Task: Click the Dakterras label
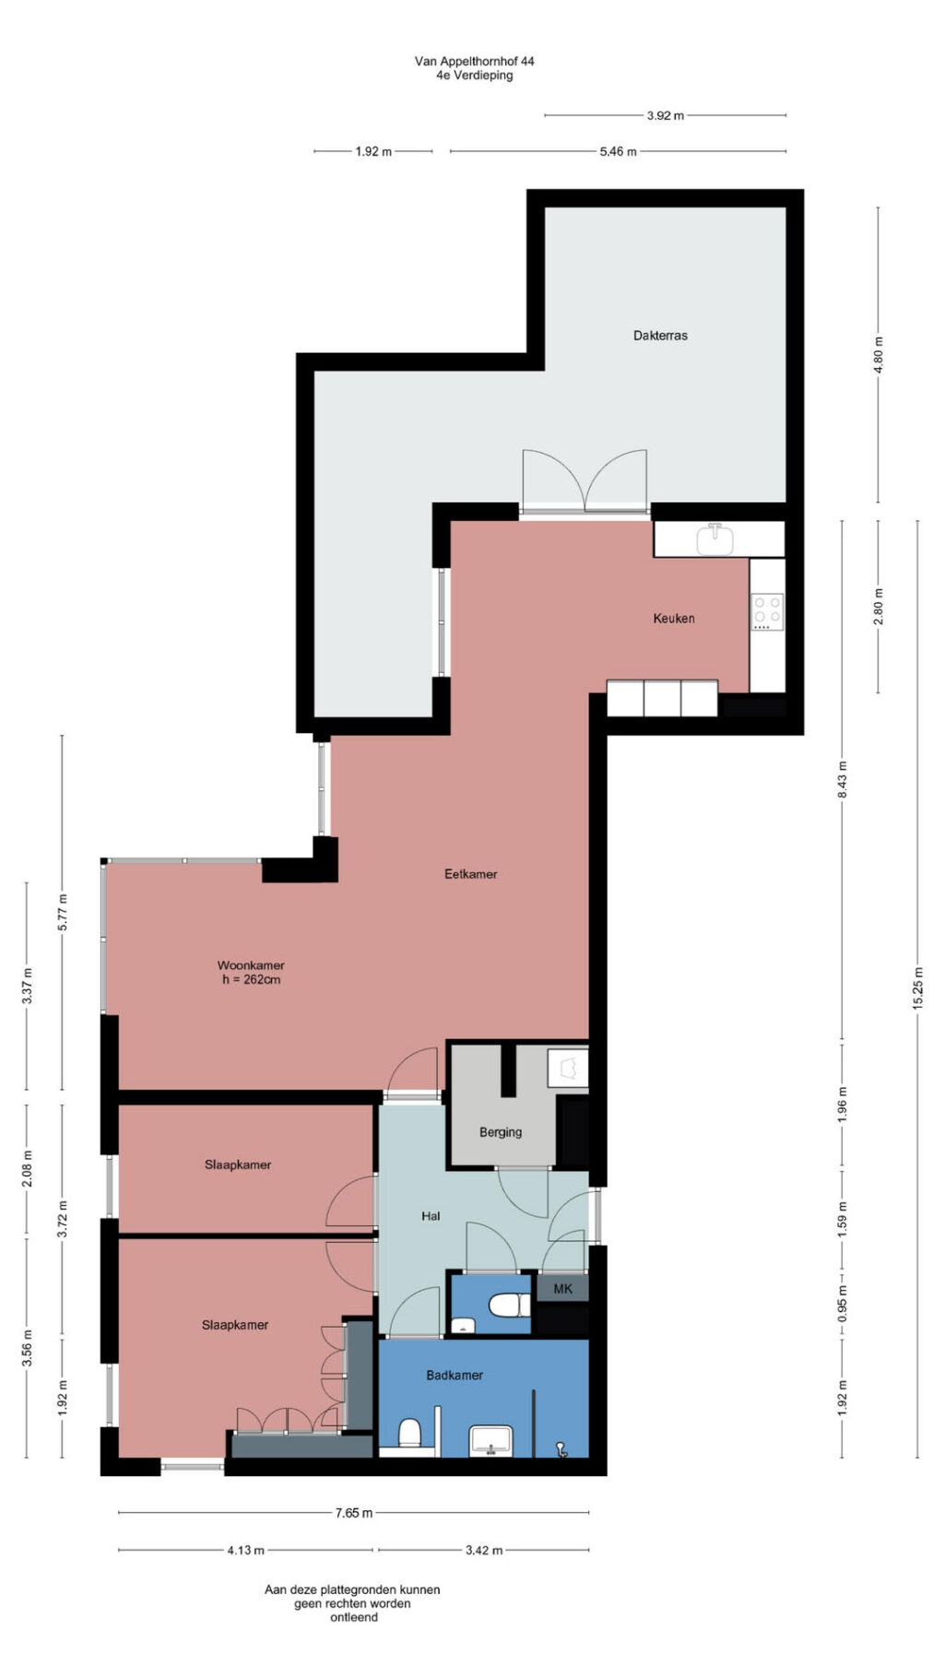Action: [x=660, y=336]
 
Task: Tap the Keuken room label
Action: [x=674, y=619]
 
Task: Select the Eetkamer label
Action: [x=470, y=874]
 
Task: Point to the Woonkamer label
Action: [x=251, y=965]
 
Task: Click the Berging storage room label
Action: [x=501, y=1132]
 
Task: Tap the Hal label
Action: [x=431, y=1216]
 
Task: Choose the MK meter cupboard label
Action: [x=562, y=1289]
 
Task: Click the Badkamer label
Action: [x=454, y=1375]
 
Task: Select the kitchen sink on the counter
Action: [x=714, y=539]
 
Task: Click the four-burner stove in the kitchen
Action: [x=768, y=612]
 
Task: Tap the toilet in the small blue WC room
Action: [x=508, y=1306]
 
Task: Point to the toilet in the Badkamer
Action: [x=409, y=1435]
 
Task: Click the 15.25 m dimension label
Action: [x=917, y=989]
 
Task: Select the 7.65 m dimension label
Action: [x=354, y=1513]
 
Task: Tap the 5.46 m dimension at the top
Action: [x=618, y=151]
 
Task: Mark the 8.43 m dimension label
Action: [x=842, y=780]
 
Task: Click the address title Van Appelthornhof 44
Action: [x=474, y=61]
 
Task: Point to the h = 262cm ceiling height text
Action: [x=251, y=980]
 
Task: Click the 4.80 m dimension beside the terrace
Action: [x=879, y=355]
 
